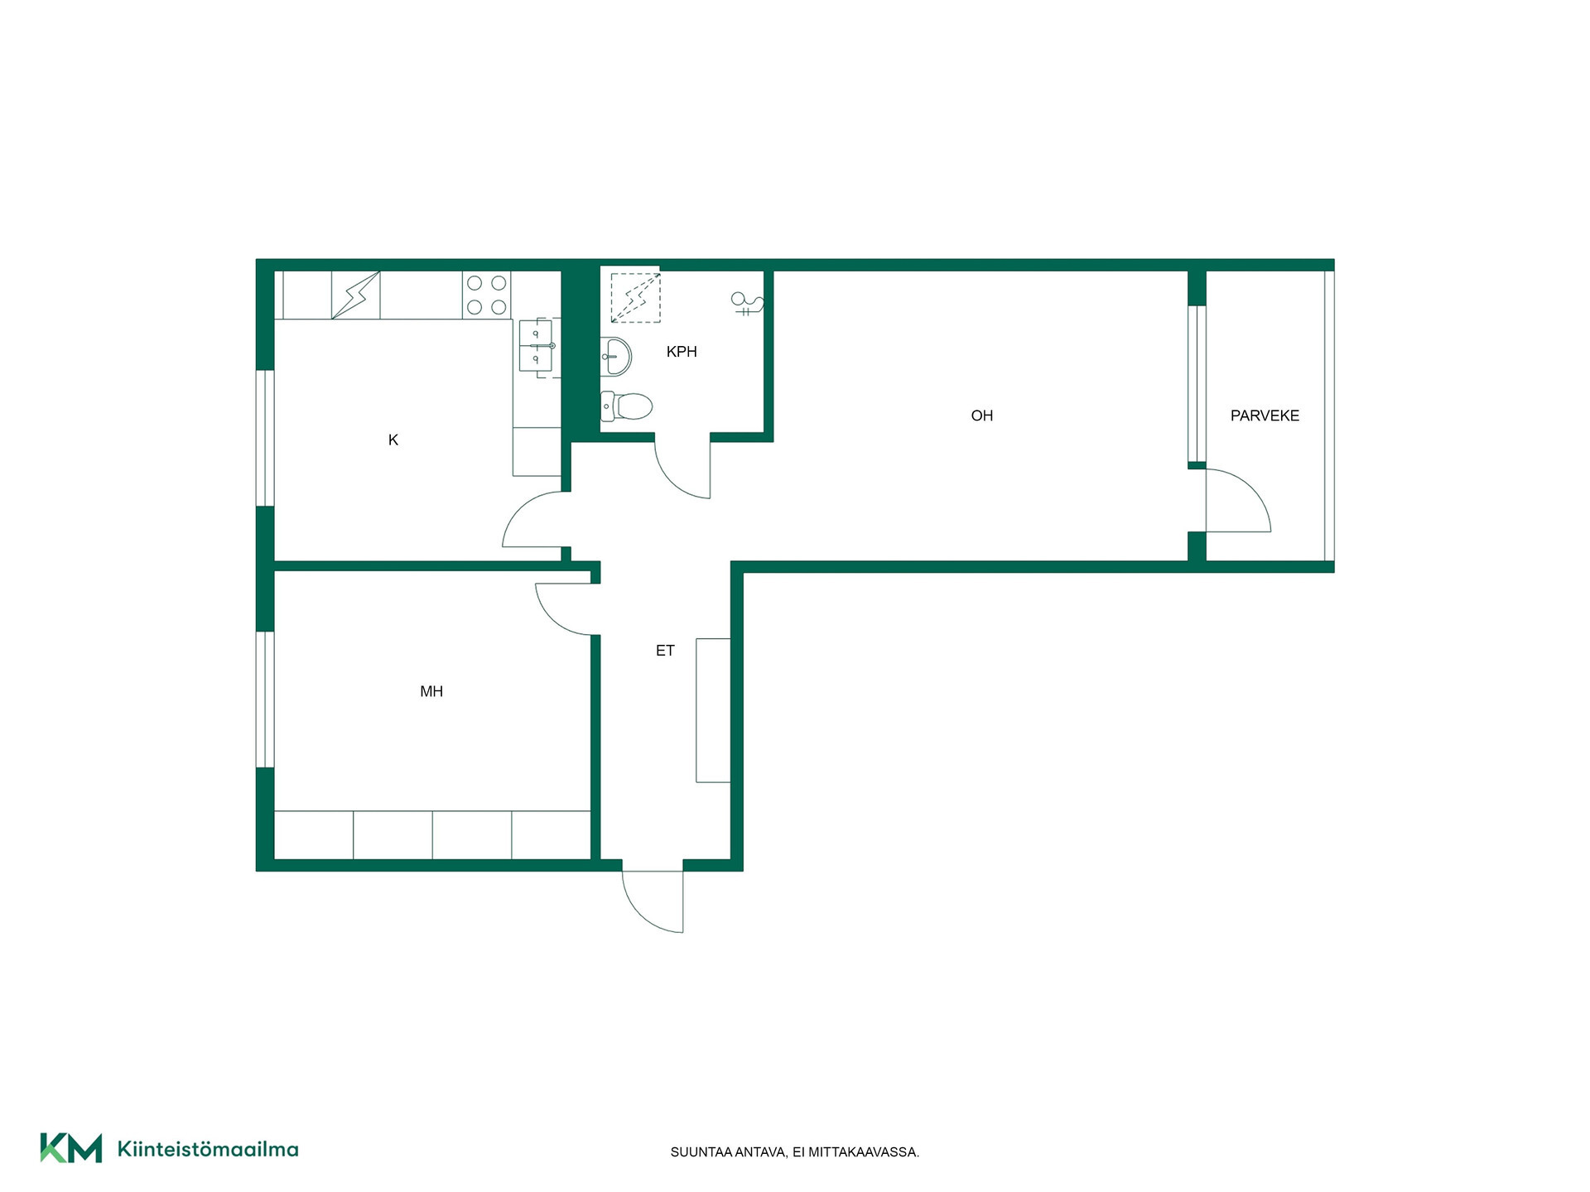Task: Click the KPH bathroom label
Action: pyautogui.click(x=682, y=352)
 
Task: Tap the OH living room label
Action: pyautogui.click(x=981, y=416)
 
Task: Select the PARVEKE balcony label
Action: pyautogui.click(x=1265, y=416)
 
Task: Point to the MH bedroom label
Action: pyautogui.click(x=431, y=691)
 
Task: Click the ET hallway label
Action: pyautogui.click(x=665, y=651)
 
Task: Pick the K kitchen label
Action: pyautogui.click(x=393, y=440)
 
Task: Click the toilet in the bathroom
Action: pyautogui.click(x=626, y=406)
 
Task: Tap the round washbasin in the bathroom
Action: pyautogui.click(x=616, y=357)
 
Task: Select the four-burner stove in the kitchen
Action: pyautogui.click(x=486, y=295)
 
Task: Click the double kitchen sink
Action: pyautogui.click(x=537, y=345)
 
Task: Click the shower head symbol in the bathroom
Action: pyautogui.click(x=746, y=304)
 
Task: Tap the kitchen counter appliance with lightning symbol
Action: pyautogui.click(x=356, y=295)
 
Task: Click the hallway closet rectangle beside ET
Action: pyautogui.click(x=713, y=710)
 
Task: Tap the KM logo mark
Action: pyautogui.click(x=71, y=1148)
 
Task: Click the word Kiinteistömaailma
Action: pyautogui.click(x=208, y=1149)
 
